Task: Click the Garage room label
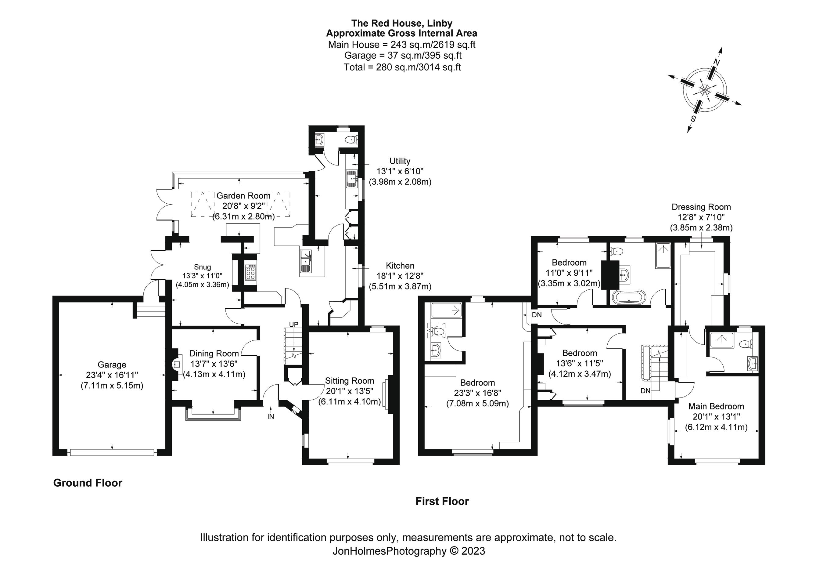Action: click(x=112, y=365)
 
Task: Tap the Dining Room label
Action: click(x=214, y=353)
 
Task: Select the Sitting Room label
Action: click(x=349, y=381)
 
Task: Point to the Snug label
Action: click(x=202, y=267)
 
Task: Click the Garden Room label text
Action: click(x=243, y=196)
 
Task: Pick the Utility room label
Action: click(x=400, y=161)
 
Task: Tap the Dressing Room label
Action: click(x=701, y=207)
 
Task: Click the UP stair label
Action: click(x=293, y=325)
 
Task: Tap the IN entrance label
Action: click(x=271, y=416)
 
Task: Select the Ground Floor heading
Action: click(x=88, y=483)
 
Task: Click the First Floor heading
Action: click(x=442, y=501)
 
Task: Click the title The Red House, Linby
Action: click(x=402, y=23)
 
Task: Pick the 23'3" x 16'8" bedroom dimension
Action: click(x=477, y=393)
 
